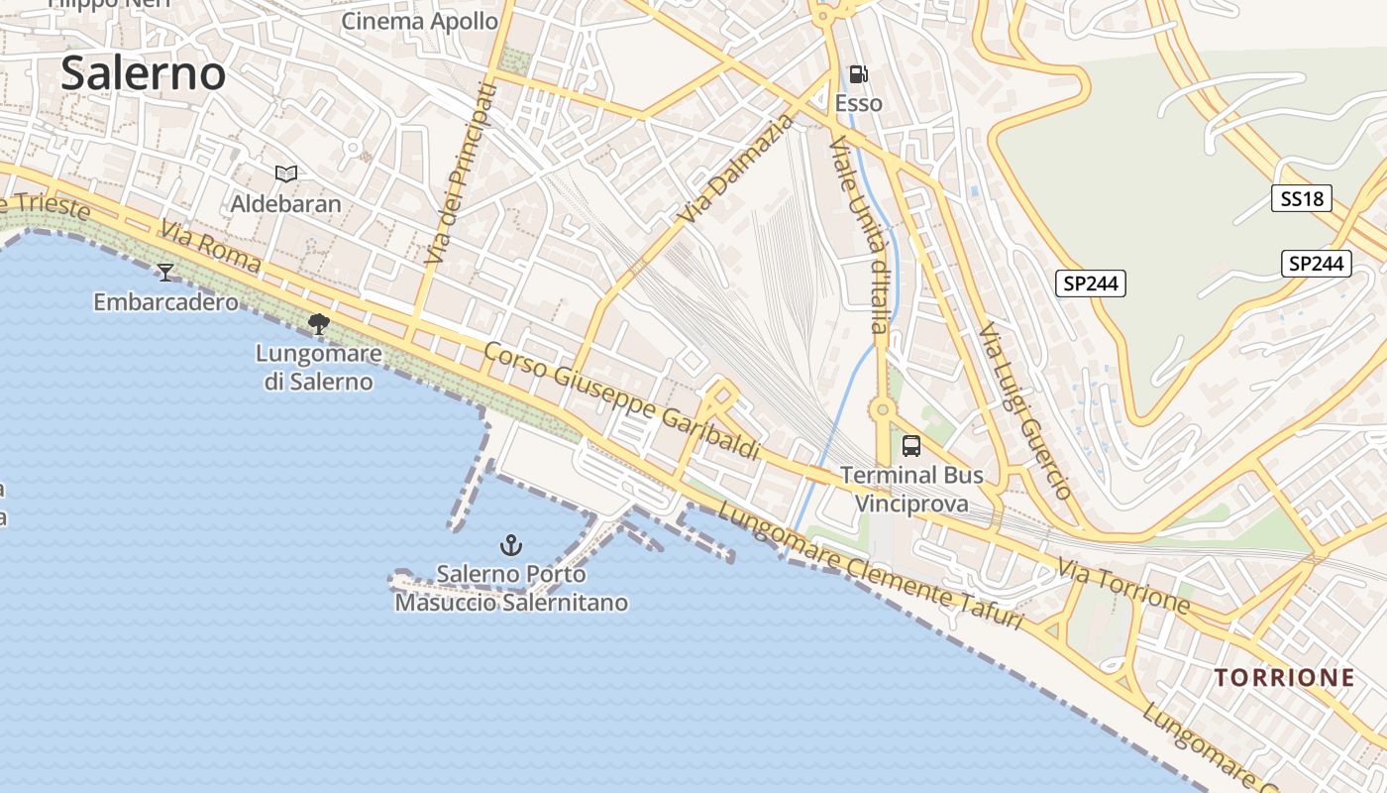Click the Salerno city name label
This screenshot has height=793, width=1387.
tap(144, 74)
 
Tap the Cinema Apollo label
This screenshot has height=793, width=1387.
tap(420, 21)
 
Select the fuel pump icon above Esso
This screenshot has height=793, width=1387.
tap(859, 74)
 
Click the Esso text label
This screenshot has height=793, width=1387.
tap(859, 103)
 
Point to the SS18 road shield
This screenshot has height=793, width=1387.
tap(1302, 198)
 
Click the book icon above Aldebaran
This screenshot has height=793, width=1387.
tap(286, 174)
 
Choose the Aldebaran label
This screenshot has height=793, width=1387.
tap(286, 204)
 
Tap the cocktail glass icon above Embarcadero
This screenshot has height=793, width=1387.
tap(165, 272)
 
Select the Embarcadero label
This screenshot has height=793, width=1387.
tap(166, 301)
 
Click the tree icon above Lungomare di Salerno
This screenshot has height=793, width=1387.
tap(318, 323)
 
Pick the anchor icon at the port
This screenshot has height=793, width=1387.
tap(511, 544)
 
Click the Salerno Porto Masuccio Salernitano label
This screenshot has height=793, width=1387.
tap(511, 588)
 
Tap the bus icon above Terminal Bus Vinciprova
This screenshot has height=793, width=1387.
tap(911, 446)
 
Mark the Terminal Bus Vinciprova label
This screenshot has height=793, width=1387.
tap(911, 489)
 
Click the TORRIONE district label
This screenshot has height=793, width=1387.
tap(1285, 678)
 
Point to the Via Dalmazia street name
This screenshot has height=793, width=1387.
tap(738, 170)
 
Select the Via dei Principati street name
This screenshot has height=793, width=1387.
tap(458, 173)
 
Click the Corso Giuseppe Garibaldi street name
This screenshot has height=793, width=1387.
tap(622, 401)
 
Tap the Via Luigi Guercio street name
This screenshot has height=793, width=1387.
tap(1025, 410)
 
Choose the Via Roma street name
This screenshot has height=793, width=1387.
tap(210, 248)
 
